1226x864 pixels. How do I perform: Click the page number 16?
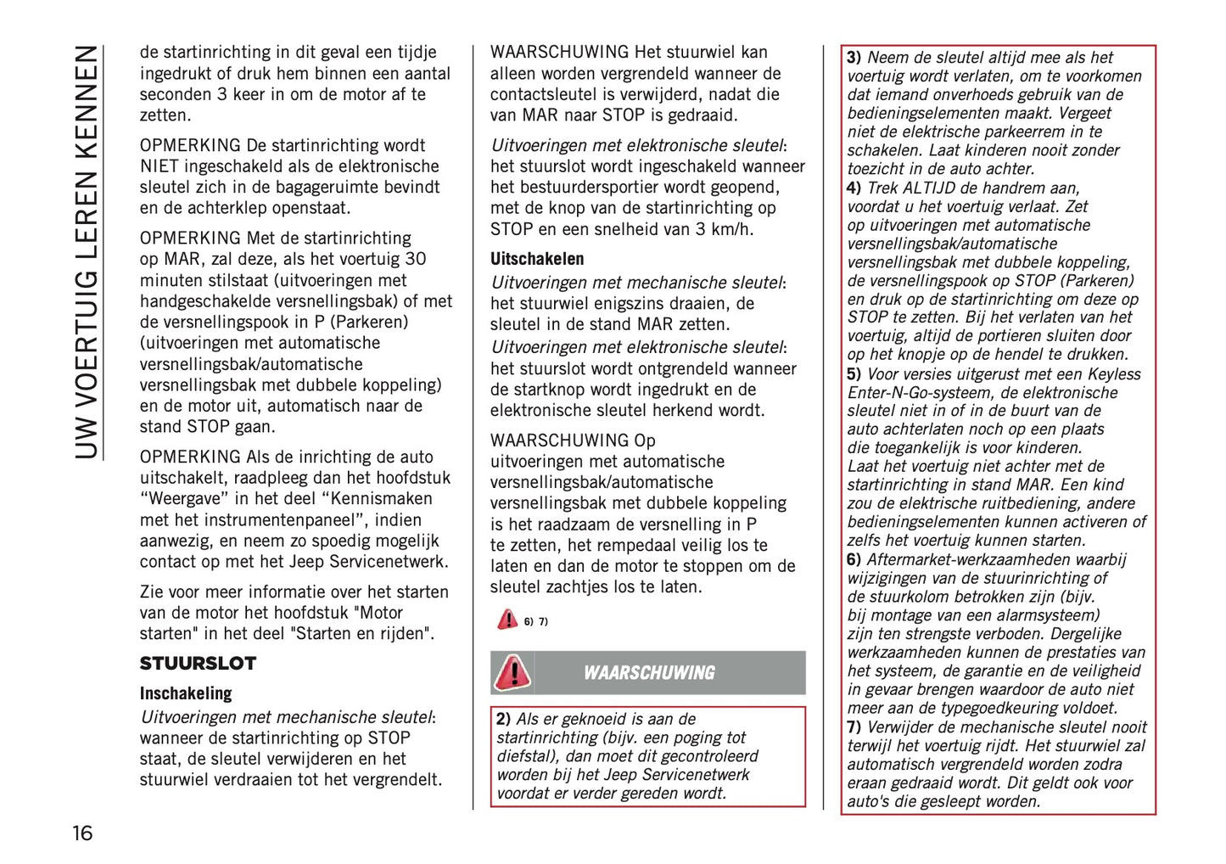click(82, 833)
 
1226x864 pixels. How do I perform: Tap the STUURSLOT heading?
click(198, 664)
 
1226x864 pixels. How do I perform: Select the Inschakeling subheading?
click(186, 693)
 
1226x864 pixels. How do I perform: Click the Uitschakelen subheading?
click(537, 259)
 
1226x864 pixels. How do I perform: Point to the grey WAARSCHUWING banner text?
click(649, 673)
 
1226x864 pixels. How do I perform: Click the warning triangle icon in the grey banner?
click(512, 673)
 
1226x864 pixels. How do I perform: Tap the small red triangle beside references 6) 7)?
click(507, 620)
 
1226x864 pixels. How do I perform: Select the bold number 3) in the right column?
click(854, 58)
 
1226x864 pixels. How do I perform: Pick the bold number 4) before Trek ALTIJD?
click(854, 188)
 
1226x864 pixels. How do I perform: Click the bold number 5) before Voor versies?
click(854, 374)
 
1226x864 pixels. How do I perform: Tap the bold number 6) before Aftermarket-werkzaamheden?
click(854, 559)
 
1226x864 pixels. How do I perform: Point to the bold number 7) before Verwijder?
click(854, 727)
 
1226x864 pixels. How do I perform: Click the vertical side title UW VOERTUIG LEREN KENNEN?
click(87, 252)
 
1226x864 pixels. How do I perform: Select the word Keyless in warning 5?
click(1114, 374)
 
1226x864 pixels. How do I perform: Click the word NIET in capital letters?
click(160, 166)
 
